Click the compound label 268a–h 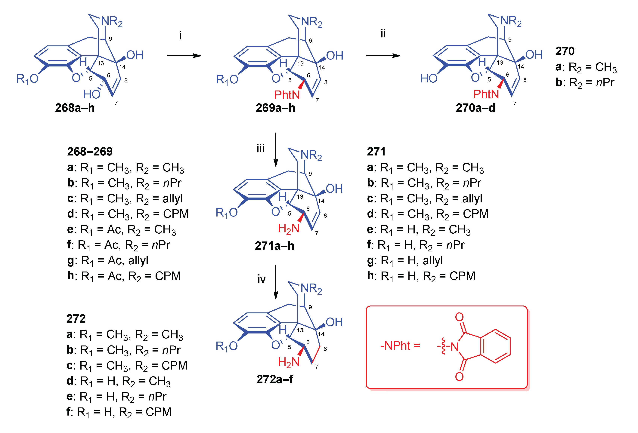[x=75, y=108]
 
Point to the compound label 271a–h [x=274, y=246]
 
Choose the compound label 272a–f [x=274, y=379]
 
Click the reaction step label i [x=180, y=36]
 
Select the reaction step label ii [x=383, y=34]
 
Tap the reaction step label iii [x=260, y=149]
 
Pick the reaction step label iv [x=261, y=279]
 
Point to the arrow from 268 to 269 [x=184, y=56]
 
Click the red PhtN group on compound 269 [x=287, y=95]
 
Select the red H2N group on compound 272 [x=288, y=362]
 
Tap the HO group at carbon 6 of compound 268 [x=92, y=94]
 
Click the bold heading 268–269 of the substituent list [x=90, y=152]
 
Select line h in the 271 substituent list [x=421, y=276]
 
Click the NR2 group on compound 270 [x=511, y=21]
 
